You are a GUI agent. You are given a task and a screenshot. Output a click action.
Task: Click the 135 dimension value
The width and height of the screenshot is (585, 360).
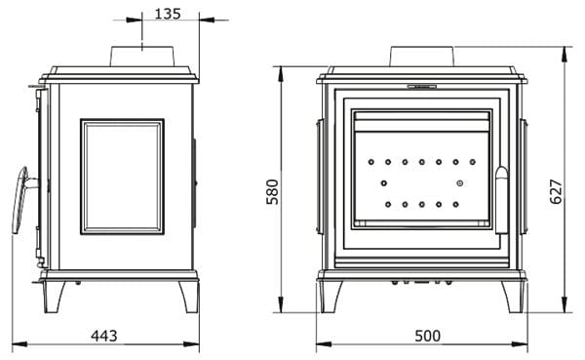(168, 14)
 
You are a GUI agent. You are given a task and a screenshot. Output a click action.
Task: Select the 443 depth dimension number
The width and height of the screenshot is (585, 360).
(104, 336)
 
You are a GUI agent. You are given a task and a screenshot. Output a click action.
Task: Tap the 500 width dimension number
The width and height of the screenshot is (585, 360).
(428, 336)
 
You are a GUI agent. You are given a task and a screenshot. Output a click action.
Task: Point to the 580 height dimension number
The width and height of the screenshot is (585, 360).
(273, 192)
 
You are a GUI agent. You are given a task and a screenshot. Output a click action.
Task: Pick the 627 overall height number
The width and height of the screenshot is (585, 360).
(556, 191)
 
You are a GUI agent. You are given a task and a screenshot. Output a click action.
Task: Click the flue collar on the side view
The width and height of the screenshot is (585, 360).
(141, 57)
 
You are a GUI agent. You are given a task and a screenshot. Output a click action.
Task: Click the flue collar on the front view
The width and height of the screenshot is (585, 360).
(422, 57)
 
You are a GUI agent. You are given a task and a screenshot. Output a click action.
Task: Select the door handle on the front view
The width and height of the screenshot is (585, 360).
(502, 200)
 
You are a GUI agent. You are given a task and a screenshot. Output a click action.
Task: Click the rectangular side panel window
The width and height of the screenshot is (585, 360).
(122, 177)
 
